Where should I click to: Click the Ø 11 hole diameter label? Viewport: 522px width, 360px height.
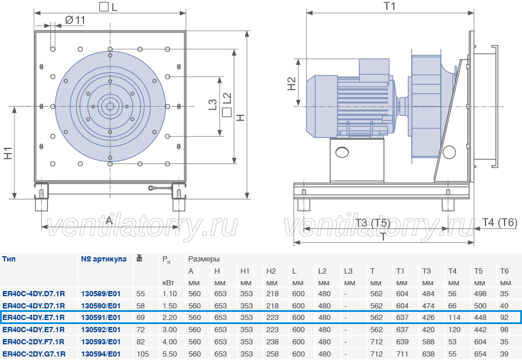click(x=75, y=20)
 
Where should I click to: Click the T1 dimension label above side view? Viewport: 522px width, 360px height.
click(x=390, y=6)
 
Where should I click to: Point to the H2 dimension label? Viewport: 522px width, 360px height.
click(x=291, y=84)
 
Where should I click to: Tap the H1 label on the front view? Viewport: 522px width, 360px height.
click(x=8, y=152)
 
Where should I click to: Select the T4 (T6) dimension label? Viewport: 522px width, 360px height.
click(x=500, y=222)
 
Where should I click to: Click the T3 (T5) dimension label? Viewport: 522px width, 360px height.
click(x=372, y=223)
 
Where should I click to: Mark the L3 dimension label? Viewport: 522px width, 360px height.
click(x=212, y=104)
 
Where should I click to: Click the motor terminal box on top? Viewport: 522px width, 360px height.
click(x=374, y=69)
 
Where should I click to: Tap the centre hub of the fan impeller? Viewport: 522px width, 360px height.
click(x=110, y=107)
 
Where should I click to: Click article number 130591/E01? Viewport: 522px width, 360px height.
click(x=101, y=318)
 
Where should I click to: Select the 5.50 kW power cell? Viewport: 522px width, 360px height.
click(x=169, y=354)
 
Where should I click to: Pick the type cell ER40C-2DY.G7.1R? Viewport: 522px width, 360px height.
click(x=34, y=354)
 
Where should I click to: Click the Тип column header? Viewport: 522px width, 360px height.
click(x=9, y=259)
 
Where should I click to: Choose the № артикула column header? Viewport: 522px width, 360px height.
click(x=104, y=259)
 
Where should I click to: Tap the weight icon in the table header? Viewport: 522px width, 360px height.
click(x=139, y=258)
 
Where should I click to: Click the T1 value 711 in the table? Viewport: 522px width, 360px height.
click(x=402, y=354)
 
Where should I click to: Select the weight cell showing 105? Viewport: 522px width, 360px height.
click(x=143, y=354)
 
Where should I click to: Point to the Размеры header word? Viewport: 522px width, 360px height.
click(x=204, y=259)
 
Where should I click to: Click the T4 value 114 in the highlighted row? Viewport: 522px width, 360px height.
click(x=454, y=318)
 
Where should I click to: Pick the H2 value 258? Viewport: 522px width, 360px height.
click(x=273, y=354)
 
